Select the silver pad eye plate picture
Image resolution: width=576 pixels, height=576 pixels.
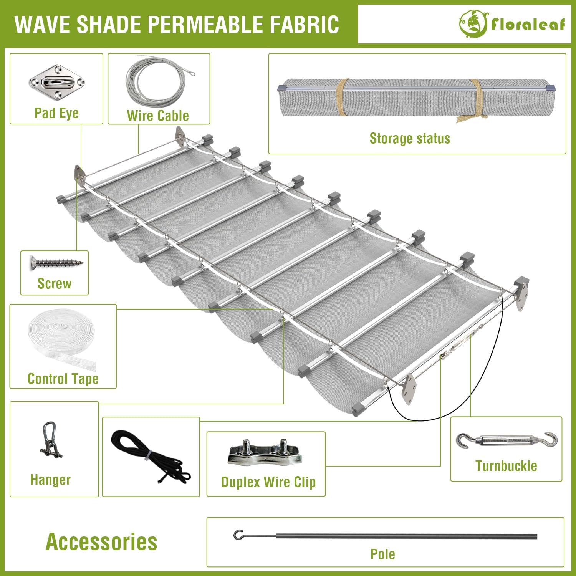[56, 82]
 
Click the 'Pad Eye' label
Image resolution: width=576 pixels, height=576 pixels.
[56, 113]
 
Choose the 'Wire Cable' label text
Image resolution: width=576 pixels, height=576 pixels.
[158, 116]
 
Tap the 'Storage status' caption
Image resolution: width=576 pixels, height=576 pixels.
[410, 138]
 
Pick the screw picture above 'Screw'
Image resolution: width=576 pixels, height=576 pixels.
[56, 263]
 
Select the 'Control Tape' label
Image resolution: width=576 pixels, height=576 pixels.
[63, 379]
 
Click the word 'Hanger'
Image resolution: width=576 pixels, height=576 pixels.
[50, 480]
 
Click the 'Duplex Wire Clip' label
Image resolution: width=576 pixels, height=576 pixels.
[268, 482]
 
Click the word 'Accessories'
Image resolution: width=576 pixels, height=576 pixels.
[101, 541]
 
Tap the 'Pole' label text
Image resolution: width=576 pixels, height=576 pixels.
[382, 554]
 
